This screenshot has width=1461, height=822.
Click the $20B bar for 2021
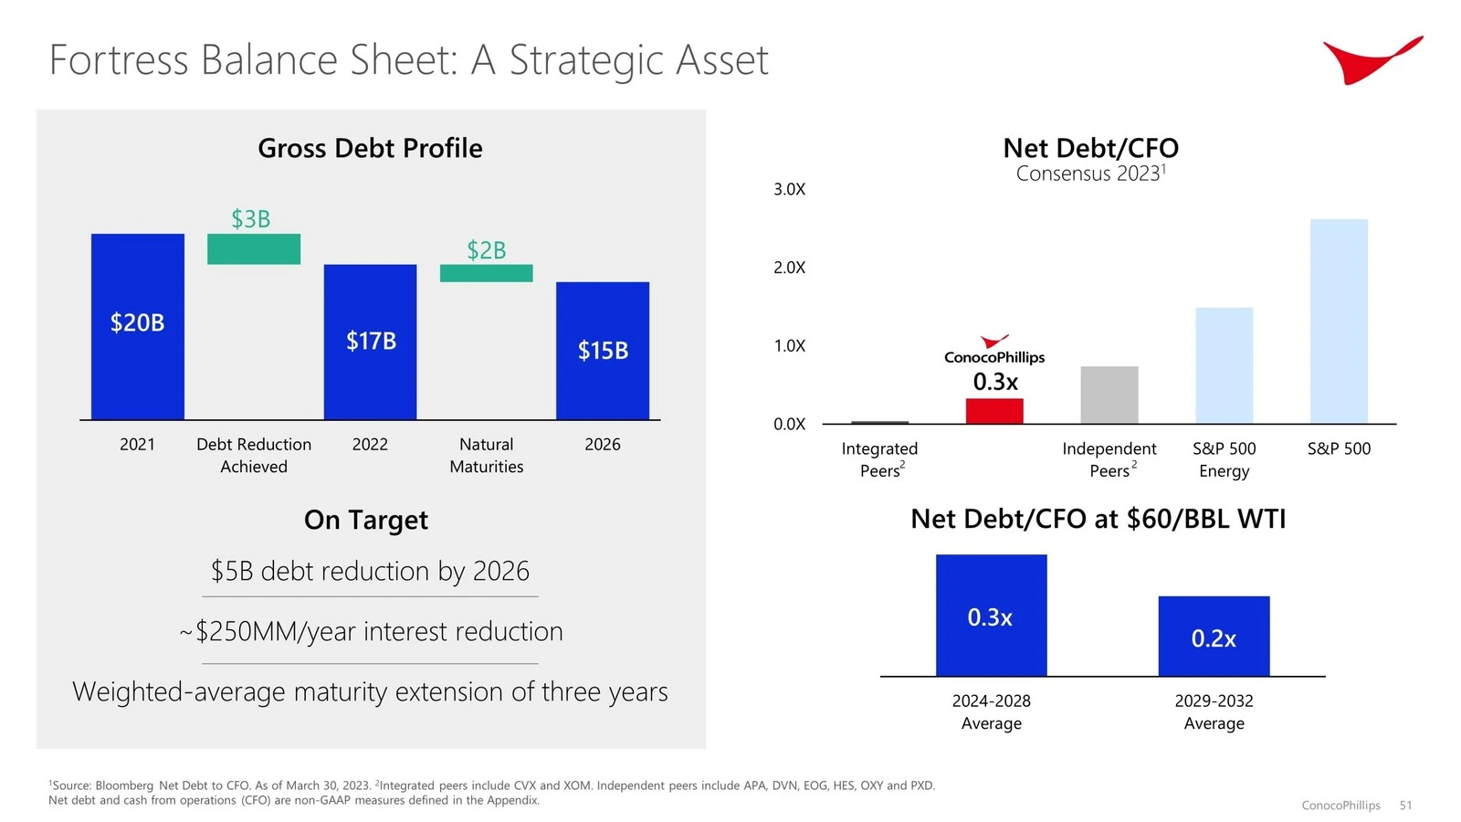(137, 326)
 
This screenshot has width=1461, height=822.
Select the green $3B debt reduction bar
(254, 249)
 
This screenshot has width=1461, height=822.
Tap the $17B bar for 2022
(370, 342)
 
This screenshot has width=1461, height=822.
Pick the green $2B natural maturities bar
(486, 273)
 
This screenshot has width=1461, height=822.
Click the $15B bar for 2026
(603, 351)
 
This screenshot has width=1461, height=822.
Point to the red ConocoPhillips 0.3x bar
(994, 411)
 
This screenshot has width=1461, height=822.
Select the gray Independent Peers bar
(1109, 395)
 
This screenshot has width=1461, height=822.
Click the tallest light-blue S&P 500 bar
(1339, 321)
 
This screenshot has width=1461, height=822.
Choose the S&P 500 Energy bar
(1224, 365)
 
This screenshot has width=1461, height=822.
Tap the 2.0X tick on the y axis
(789, 268)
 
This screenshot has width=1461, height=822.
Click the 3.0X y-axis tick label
(789, 189)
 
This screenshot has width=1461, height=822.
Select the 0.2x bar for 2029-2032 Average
(1214, 637)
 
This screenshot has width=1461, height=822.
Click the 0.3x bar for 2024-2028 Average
(991, 616)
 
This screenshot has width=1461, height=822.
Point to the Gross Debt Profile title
(370, 148)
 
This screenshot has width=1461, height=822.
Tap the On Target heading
(366, 520)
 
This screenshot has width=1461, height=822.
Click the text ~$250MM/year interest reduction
(371, 631)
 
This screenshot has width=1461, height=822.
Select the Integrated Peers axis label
(880, 459)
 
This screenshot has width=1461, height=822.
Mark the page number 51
(1405, 805)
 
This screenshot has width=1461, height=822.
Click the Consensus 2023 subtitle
(1090, 174)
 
